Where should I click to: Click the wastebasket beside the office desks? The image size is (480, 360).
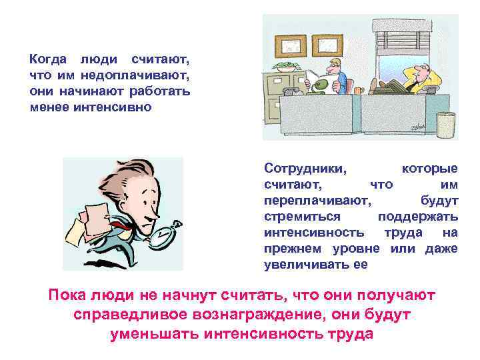point(445,125)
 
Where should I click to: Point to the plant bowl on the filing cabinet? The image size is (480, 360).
point(285,66)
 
